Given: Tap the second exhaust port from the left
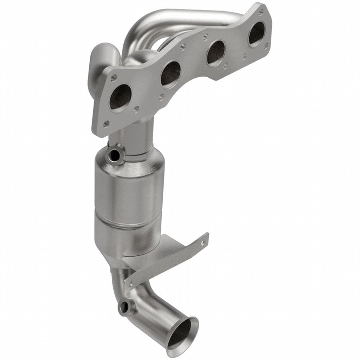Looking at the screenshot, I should (171, 74).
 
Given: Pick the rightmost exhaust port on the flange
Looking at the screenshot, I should (257, 34).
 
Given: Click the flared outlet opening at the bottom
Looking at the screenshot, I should (184, 334).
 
